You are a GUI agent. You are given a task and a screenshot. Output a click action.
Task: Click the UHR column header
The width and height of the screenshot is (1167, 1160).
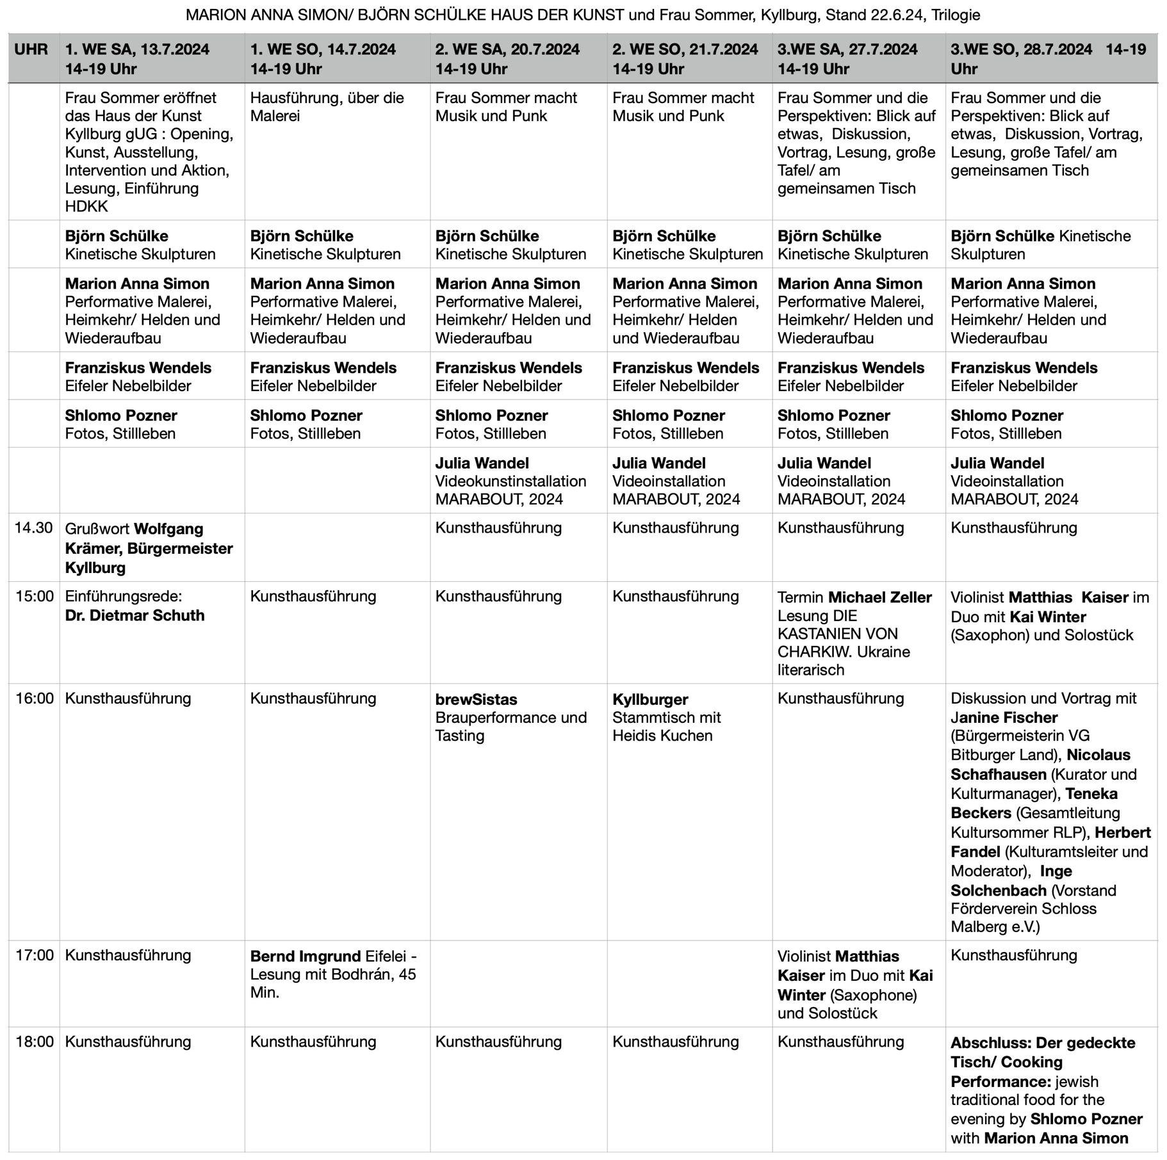coord(31,50)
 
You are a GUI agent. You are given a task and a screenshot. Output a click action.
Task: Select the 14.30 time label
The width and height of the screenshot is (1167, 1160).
coord(33,528)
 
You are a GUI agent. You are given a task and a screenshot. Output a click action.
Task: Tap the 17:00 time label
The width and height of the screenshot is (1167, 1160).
coord(35,955)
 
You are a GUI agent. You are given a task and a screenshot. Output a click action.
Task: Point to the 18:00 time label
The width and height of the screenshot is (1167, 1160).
coord(35,1042)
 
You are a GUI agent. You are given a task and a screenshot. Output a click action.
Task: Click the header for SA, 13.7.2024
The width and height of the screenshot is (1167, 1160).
coord(137,59)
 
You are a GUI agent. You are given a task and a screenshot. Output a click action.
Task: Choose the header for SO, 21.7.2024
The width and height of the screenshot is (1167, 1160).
coord(685,59)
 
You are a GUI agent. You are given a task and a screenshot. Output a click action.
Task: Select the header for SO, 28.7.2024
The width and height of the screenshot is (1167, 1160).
coord(1048,59)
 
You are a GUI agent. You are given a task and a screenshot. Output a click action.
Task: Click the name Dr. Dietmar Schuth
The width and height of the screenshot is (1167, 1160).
coord(135,615)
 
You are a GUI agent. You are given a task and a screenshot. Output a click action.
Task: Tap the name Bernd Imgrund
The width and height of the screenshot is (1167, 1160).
coord(306,956)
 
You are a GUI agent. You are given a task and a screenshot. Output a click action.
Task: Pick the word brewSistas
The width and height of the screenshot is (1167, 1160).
coord(476,699)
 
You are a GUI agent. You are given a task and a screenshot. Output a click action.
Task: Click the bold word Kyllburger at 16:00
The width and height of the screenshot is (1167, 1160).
coord(650,699)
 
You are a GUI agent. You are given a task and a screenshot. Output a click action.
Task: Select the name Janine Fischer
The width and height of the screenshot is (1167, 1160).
coord(1004,718)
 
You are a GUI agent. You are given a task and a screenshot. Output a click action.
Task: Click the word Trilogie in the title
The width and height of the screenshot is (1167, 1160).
coord(954,15)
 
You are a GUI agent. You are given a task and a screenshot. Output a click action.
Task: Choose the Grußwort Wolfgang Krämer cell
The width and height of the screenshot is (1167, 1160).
coord(149,548)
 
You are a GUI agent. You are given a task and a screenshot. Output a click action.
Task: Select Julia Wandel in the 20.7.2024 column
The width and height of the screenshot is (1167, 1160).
coord(482,463)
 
